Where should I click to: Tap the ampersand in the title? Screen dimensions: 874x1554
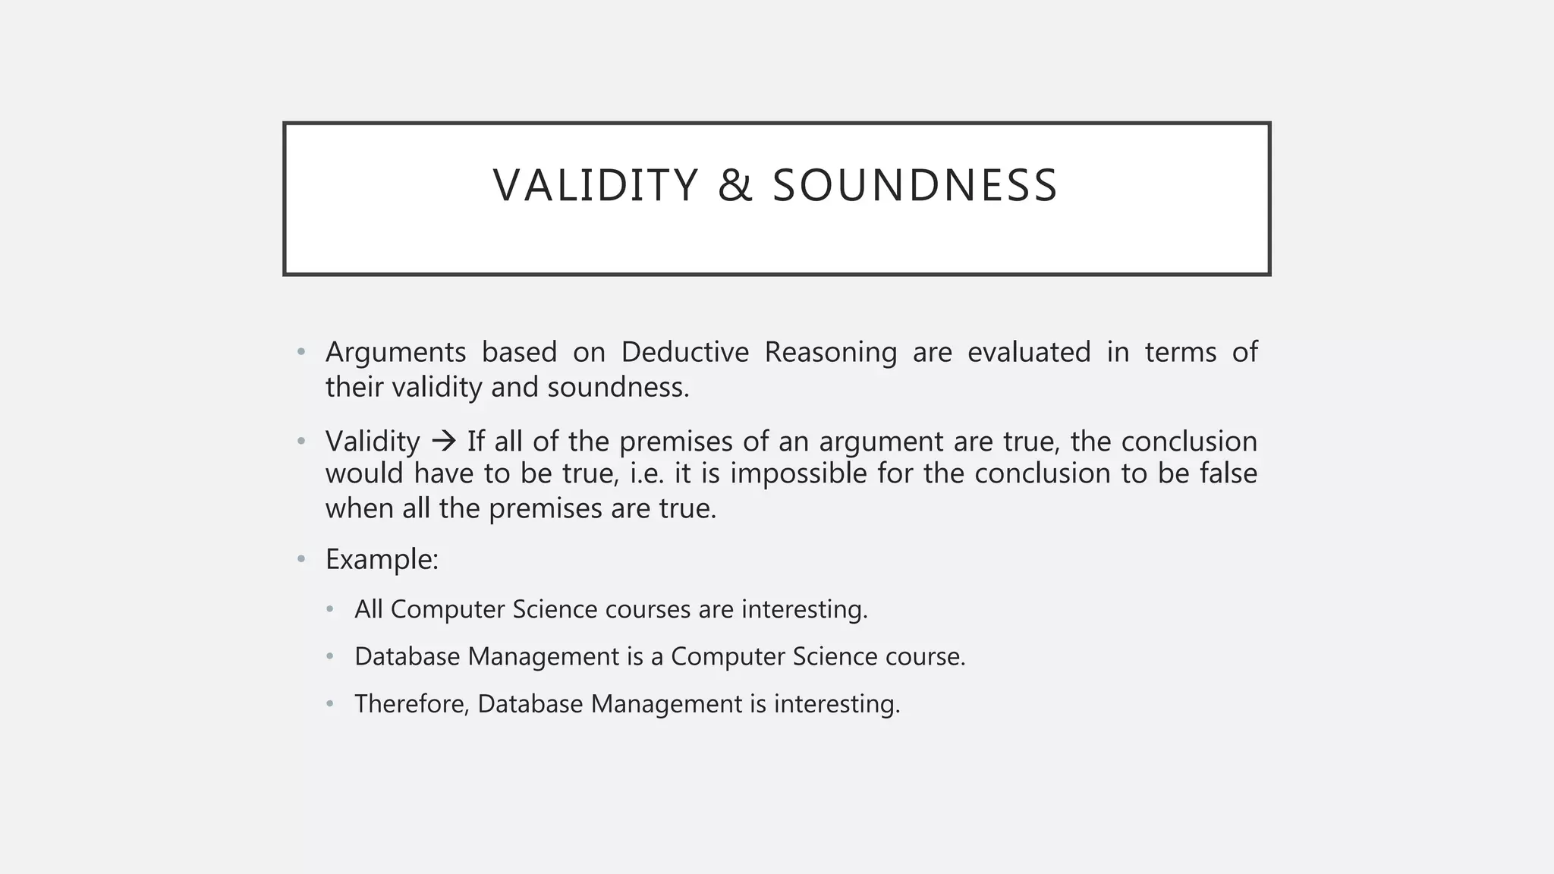point(735,186)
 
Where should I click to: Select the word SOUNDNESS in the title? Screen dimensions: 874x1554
point(914,186)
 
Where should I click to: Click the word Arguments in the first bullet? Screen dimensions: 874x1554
point(395,353)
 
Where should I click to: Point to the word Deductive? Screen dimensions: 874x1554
point(684,353)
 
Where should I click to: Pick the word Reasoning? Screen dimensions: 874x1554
point(830,353)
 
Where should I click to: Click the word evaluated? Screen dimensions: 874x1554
point(1028,353)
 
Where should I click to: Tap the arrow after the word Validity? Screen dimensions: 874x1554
point(443,441)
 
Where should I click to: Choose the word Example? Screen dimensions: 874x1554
point(382,560)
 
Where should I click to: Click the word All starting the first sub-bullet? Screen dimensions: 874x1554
point(368,609)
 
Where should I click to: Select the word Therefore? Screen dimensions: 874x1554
point(412,704)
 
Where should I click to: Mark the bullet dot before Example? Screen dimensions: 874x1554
point(301,560)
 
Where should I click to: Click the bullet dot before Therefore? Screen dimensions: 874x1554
point(330,704)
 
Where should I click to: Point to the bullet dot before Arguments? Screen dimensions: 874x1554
point(301,353)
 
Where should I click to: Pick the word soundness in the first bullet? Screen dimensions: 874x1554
point(618,388)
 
